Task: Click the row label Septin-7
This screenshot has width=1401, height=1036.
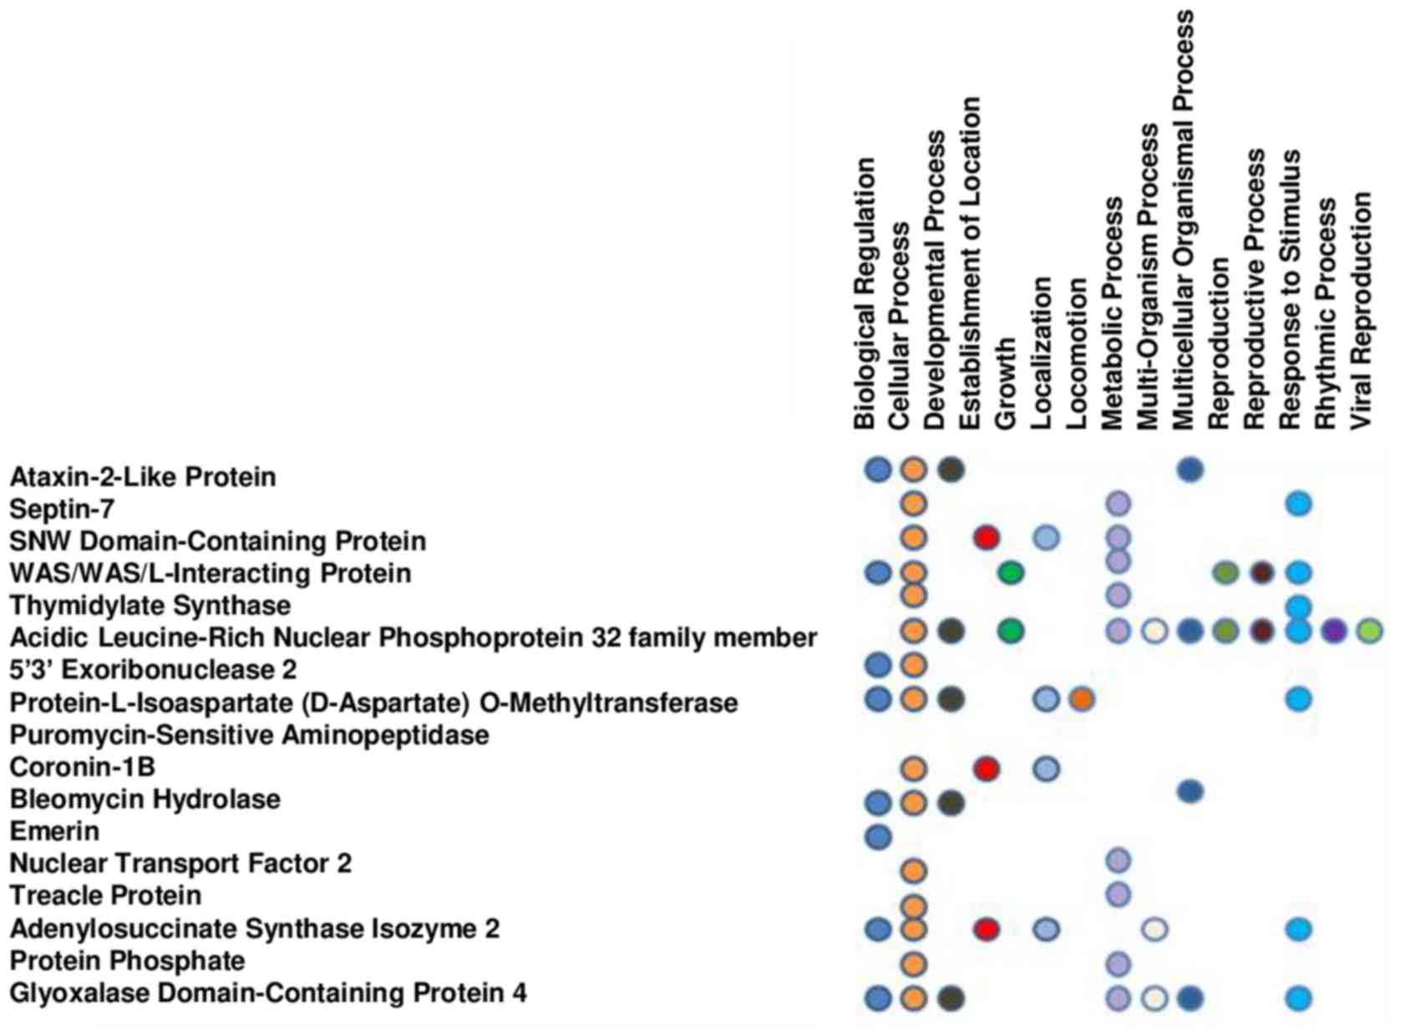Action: [62, 509]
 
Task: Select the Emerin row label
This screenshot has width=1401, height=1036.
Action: [54, 831]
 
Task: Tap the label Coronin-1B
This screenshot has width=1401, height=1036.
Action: [82, 767]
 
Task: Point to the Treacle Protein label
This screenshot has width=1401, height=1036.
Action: [105, 896]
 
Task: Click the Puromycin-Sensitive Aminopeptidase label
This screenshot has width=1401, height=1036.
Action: [249, 735]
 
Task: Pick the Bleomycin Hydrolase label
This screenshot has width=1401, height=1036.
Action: [145, 800]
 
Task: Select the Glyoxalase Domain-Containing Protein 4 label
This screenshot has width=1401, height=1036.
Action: [268, 993]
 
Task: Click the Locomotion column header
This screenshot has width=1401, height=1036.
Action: [1078, 354]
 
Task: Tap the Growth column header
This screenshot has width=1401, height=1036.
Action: [1006, 383]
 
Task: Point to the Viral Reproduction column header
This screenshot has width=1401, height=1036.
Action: [1361, 311]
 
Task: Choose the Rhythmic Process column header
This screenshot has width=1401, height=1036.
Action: [1326, 314]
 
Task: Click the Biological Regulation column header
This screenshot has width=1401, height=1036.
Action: [865, 294]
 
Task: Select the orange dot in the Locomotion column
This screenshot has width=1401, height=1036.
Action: [1081, 699]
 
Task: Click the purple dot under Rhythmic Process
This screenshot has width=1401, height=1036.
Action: [1334, 631]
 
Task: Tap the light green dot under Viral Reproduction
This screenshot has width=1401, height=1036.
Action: [1369, 631]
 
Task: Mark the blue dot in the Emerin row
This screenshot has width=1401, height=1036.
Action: [878, 835]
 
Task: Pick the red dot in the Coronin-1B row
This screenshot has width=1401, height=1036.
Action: [987, 768]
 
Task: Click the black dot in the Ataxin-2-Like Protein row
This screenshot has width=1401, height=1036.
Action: [951, 470]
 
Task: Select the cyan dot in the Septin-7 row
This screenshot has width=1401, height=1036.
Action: [1298, 504]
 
